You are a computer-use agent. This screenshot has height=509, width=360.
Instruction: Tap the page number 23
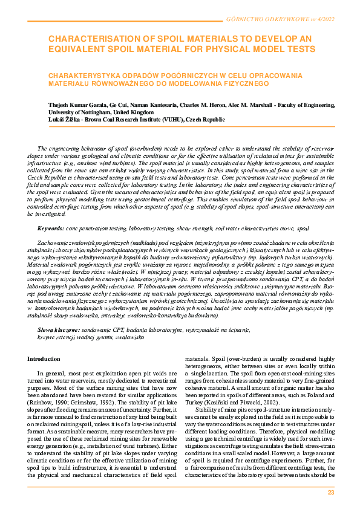331,493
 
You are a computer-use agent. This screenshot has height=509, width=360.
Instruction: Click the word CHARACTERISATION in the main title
91,39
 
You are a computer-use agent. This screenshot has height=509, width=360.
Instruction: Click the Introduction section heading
44,359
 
